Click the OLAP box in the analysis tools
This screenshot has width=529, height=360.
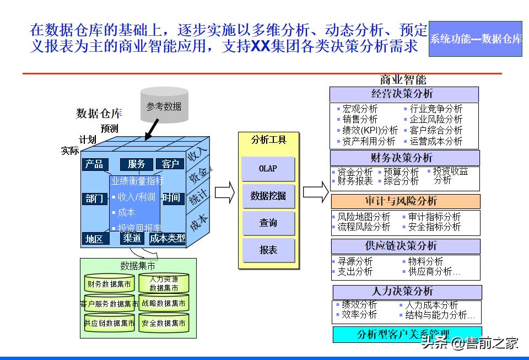(268, 169)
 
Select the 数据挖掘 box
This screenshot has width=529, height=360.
(268, 196)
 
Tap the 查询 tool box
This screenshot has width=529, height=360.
(268, 223)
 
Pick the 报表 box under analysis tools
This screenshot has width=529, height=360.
(268, 250)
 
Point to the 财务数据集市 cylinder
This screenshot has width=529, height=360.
(110, 284)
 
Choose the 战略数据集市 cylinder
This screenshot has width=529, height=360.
(164, 303)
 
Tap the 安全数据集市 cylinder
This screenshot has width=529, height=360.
(164, 323)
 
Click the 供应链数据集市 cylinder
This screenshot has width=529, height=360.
(110, 323)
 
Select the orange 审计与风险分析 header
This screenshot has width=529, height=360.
(405, 201)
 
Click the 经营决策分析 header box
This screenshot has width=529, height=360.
(404, 94)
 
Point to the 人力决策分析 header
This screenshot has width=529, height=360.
(407, 292)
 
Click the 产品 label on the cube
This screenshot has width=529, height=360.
(94, 164)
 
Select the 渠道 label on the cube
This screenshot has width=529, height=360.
(132, 238)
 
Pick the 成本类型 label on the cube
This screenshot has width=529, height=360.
(168, 238)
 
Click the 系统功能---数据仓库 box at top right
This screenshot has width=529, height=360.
(475, 39)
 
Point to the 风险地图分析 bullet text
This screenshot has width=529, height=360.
(364, 217)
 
